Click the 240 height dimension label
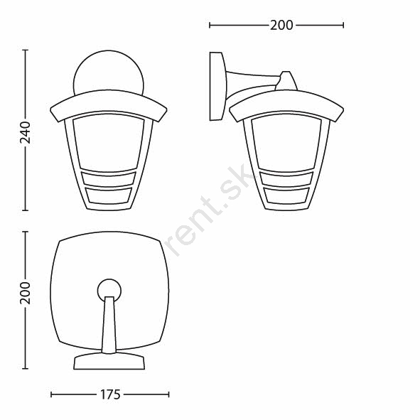[26, 132]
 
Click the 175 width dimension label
[110, 394]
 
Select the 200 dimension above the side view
[281, 26]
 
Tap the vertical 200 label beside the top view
[26, 293]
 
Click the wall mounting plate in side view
[217, 86]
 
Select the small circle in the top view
[109, 290]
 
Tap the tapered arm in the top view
[109, 325]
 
